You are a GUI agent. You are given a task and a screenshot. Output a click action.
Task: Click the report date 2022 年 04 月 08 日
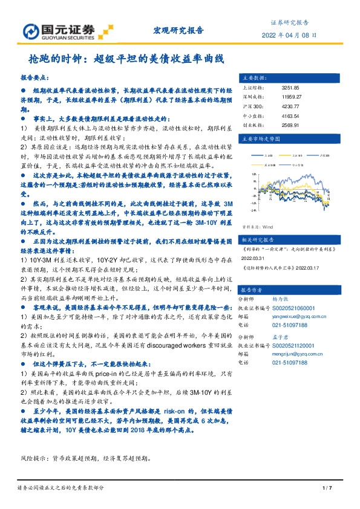(x=289, y=35)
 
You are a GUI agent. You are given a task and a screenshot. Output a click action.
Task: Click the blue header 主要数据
(x=254, y=78)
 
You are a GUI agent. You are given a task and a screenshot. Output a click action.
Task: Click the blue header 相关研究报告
(x=258, y=239)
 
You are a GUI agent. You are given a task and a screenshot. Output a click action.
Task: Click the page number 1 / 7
(x=324, y=488)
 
